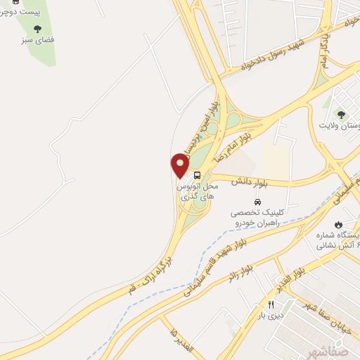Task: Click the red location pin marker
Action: point(180,166)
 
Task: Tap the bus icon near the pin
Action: point(198,174)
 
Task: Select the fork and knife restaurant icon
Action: point(270,304)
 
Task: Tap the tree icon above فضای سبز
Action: point(37,29)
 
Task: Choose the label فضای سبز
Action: point(37,40)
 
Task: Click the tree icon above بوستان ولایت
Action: point(342,114)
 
